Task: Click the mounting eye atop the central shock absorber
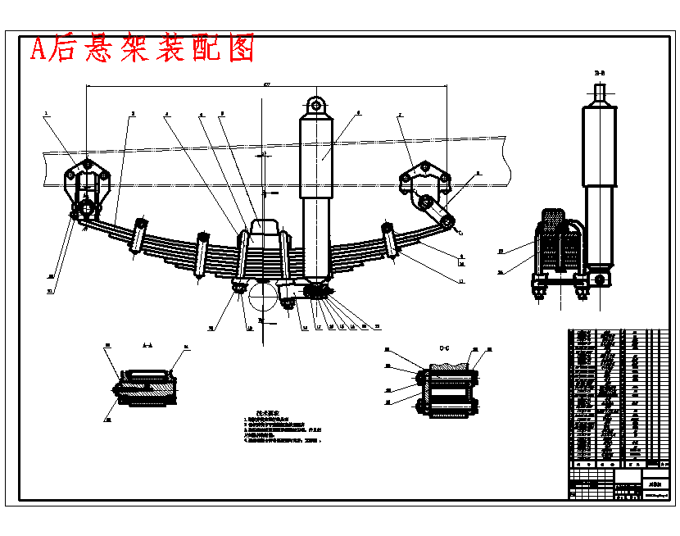point(316,106)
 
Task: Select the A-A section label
point(147,345)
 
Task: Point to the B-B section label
point(600,74)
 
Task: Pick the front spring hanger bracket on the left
point(87,185)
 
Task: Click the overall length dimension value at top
point(266,84)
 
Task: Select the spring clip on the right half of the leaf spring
point(390,240)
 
